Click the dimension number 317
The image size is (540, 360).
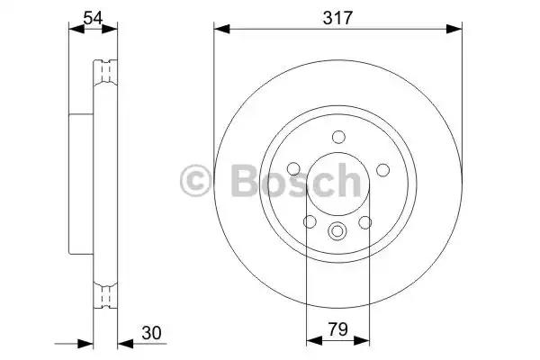click(337, 15)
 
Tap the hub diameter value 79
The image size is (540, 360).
click(337, 331)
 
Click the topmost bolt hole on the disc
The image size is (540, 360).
click(337, 138)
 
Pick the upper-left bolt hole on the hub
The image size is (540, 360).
click(294, 169)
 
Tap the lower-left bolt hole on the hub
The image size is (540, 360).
click(310, 221)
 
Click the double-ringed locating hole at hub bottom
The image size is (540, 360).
click(337, 231)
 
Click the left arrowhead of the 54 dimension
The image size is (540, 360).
click(74, 31)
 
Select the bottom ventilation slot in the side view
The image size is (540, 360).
click(106, 292)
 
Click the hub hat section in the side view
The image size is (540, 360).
click(81, 180)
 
